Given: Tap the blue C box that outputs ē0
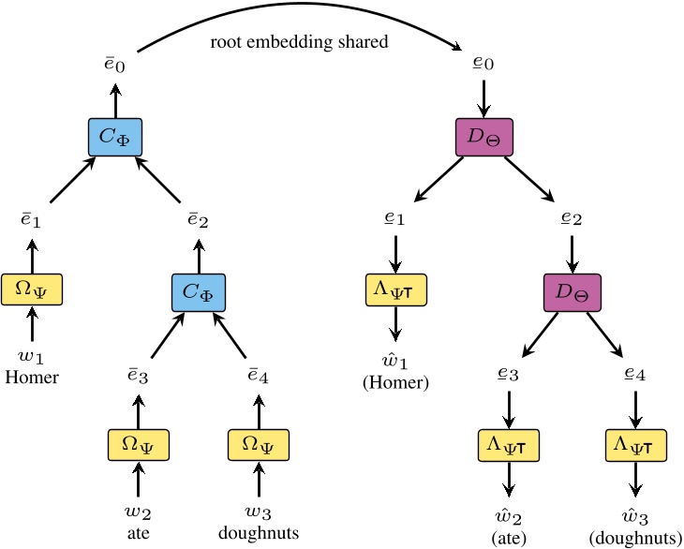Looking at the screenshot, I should coord(114,138).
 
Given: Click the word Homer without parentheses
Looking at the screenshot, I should coord(31,378).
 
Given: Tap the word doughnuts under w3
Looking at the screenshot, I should coord(258,533).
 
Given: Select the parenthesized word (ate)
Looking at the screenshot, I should coord(509,538).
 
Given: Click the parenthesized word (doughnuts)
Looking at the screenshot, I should coord(636,538).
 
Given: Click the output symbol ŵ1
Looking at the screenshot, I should coord(395,360).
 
